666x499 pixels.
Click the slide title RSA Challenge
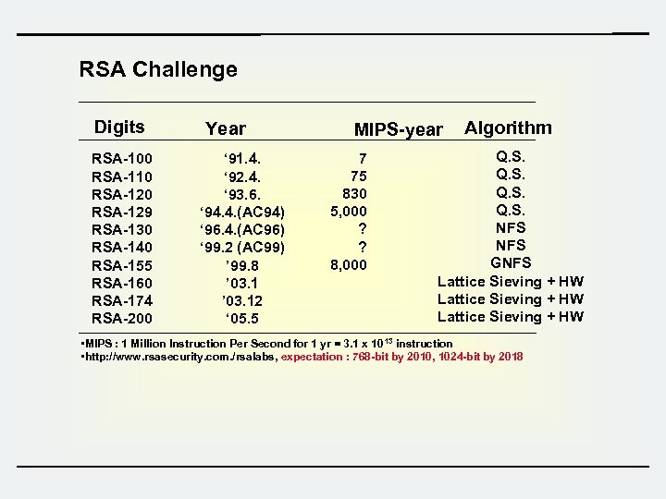click(158, 69)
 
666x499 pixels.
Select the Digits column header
click(119, 128)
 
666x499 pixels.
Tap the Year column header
click(226, 129)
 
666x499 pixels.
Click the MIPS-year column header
click(399, 130)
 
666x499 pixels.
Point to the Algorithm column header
click(508, 128)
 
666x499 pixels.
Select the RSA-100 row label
click(122, 159)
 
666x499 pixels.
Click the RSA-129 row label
click(122, 212)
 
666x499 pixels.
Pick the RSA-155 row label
click(122, 265)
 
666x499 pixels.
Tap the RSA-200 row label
click(122, 319)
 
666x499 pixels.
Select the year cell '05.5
click(241, 319)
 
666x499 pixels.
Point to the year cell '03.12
click(241, 301)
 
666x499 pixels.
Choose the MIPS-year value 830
click(354, 194)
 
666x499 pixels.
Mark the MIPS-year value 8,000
click(349, 265)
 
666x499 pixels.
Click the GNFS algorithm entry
click(511, 263)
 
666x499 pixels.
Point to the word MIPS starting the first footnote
click(100, 344)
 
